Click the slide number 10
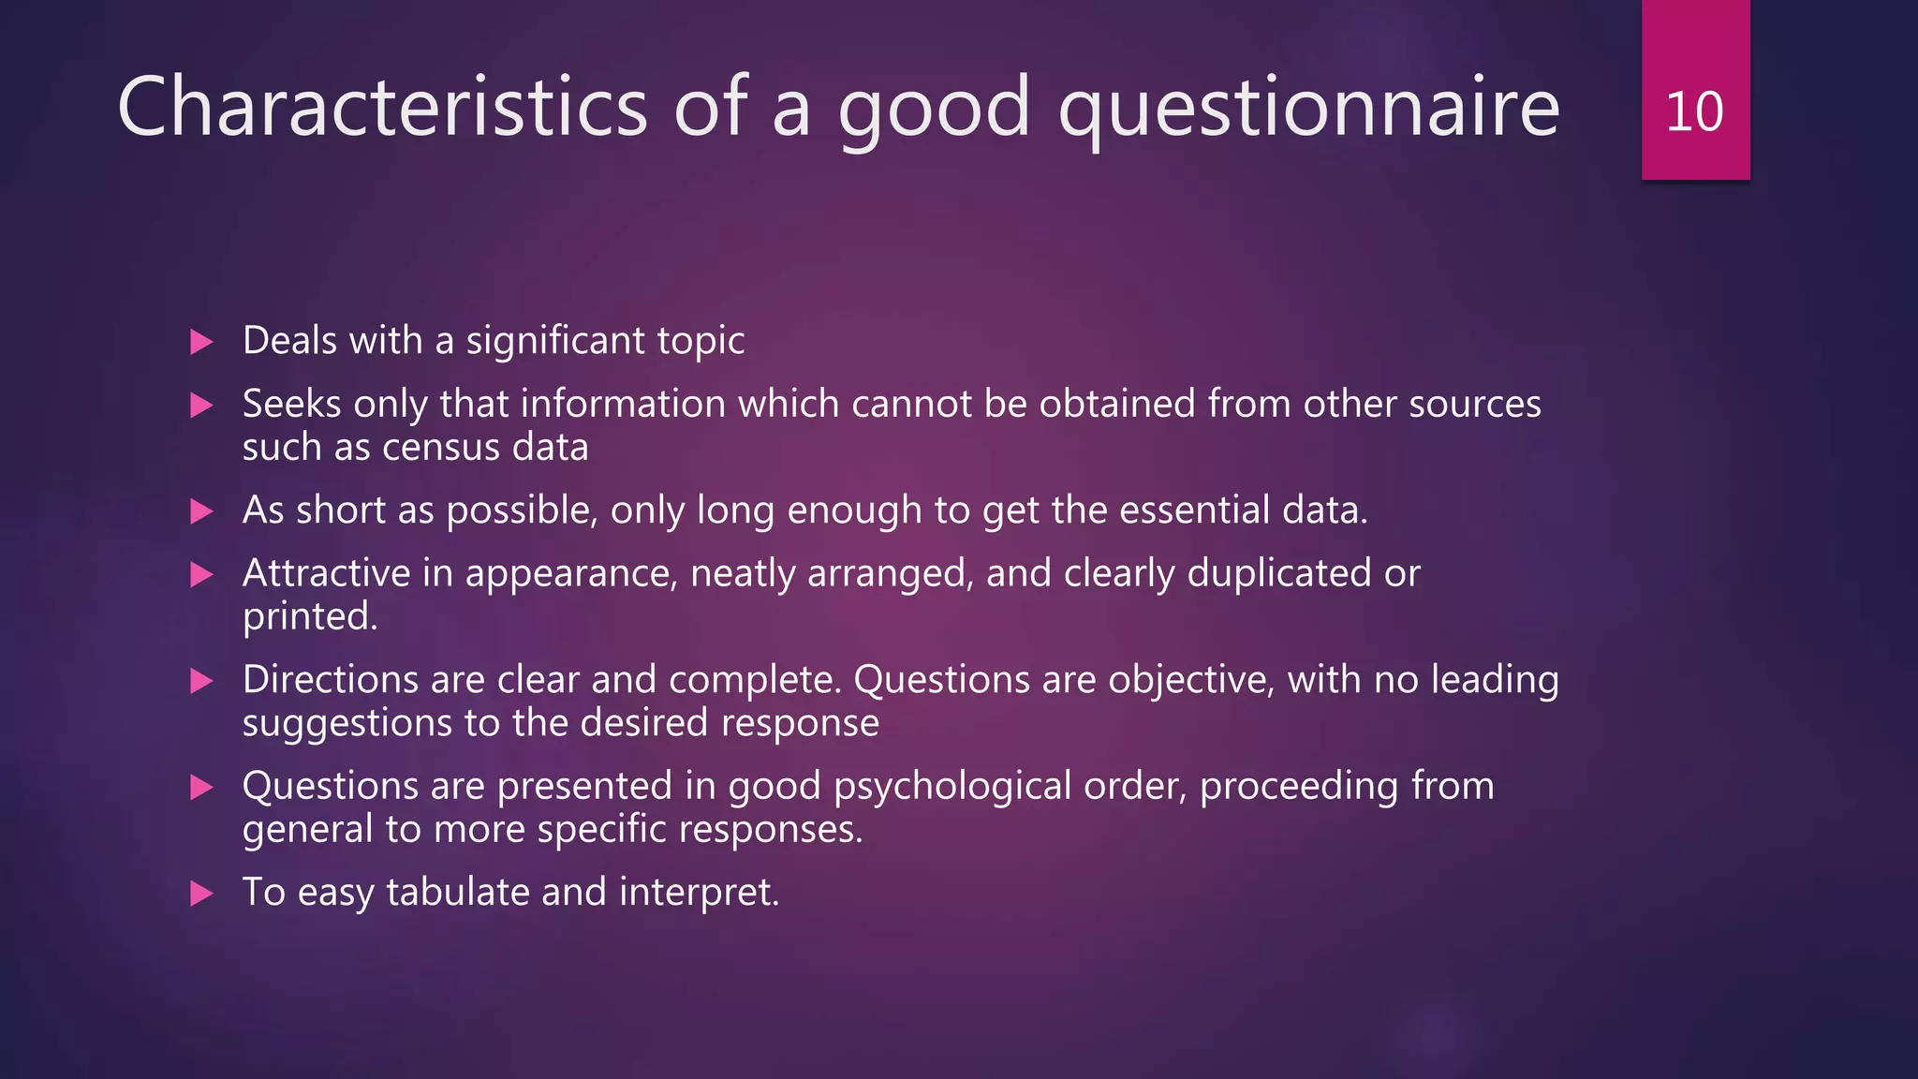click(1694, 111)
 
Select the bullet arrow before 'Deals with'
click(201, 342)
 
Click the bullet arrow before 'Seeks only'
click(201, 406)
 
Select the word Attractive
click(326, 573)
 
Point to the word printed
click(309, 617)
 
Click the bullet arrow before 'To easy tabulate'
click(201, 894)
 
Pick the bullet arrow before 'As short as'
click(201, 511)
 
